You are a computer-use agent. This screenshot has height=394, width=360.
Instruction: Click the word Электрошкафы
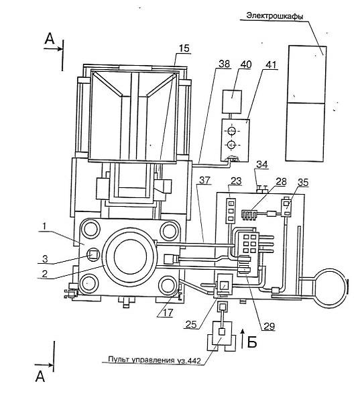point(275,16)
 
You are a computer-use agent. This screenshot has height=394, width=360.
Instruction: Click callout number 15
point(184,48)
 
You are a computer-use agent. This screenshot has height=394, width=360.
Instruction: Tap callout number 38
point(224,64)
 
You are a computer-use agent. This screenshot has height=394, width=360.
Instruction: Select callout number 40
point(245,64)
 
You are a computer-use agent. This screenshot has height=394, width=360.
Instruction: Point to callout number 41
point(270,64)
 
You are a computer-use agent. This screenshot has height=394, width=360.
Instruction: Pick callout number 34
point(262,165)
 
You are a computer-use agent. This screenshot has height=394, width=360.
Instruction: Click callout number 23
point(236,181)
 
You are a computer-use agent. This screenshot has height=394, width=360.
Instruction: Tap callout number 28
point(281,181)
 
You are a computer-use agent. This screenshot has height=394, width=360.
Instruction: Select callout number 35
point(303,183)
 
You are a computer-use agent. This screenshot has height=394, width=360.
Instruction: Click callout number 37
point(205,180)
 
